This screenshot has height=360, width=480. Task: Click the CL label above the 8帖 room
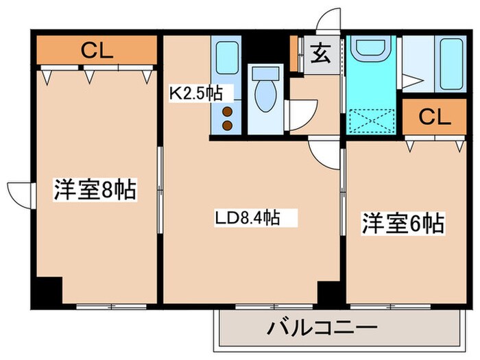(97, 50)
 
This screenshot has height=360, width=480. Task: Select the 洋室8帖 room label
(95, 190)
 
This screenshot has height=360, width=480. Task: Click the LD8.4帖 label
(248, 219)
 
